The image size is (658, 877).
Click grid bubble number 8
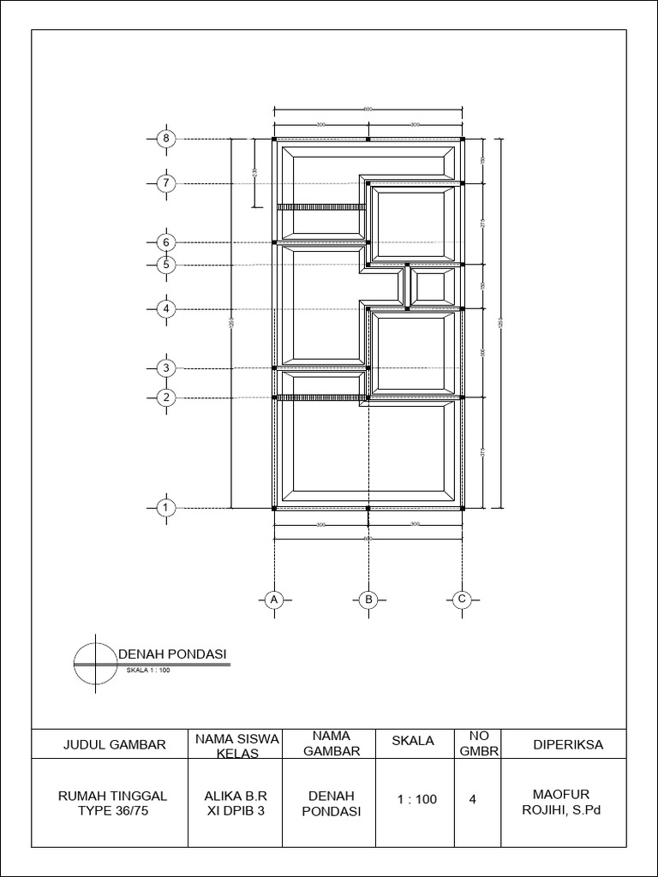pyautogui.click(x=167, y=139)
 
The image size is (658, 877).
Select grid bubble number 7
pyautogui.click(x=167, y=182)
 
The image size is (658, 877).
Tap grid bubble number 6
pyautogui.click(x=167, y=242)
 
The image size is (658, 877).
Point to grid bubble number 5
pyautogui.click(x=167, y=265)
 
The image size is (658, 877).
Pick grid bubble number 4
pyautogui.click(x=167, y=308)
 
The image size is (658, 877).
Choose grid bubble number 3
pyautogui.click(x=167, y=368)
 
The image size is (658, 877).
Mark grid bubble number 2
pyautogui.click(x=167, y=397)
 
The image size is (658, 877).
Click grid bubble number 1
pyautogui.click(x=167, y=508)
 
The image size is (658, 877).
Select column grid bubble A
pyautogui.click(x=274, y=600)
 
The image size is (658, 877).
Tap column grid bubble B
pyautogui.click(x=368, y=600)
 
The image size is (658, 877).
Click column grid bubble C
pyautogui.click(x=462, y=600)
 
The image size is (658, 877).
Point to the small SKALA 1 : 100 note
pyautogui.click(x=148, y=671)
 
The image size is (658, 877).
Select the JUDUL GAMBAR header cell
pyautogui.click(x=113, y=745)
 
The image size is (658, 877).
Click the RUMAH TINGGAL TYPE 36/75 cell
pyautogui.click(x=112, y=804)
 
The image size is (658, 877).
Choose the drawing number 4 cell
pyautogui.click(x=473, y=799)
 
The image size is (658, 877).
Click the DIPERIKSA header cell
pyautogui.click(x=567, y=745)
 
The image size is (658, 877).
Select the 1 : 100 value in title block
pyautogui.click(x=417, y=800)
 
